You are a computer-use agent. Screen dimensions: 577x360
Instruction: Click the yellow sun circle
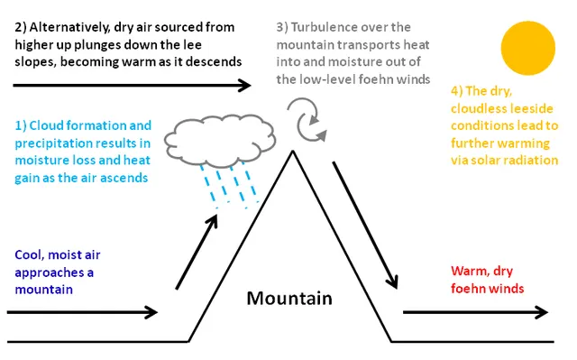click(x=528, y=48)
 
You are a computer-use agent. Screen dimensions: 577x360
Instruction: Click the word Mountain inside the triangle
click(x=289, y=298)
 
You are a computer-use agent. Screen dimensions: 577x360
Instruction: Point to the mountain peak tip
click(x=293, y=152)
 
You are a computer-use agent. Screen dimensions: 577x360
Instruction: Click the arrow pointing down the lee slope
click(x=365, y=225)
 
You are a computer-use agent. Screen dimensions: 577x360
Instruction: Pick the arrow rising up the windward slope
click(x=197, y=252)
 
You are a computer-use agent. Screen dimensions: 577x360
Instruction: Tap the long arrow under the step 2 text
click(x=133, y=86)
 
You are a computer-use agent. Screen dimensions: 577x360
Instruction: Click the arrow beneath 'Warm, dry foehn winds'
click(x=475, y=312)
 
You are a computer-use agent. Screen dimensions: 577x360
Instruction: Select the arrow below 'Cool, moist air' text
click(x=82, y=312)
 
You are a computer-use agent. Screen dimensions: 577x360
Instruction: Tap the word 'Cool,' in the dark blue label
click(x=30, y=255)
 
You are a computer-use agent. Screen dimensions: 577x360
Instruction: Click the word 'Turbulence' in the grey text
click(x=322, y=27)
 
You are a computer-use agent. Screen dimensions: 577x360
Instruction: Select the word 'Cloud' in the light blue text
click(x=46, y=125)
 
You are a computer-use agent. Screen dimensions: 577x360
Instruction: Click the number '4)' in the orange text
click(x=457, y=91)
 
